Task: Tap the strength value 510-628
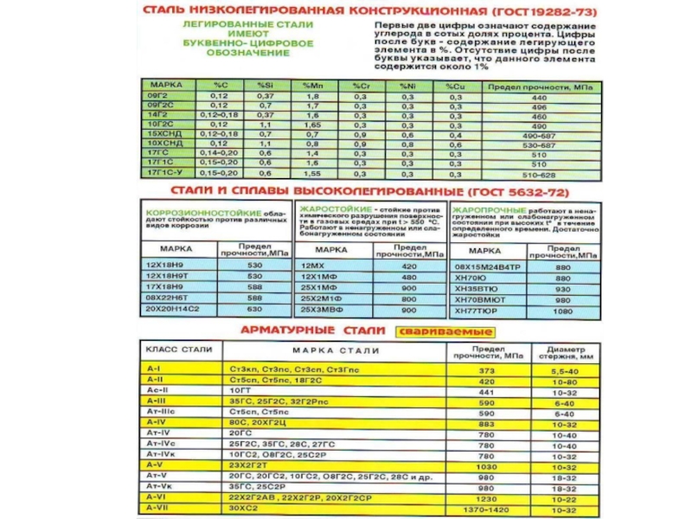tap(538, 172)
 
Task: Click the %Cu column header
tap(454, 88)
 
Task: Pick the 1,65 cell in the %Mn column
tap(311, 124)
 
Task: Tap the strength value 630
tap(254, 309)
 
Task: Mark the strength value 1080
tap(563, 310)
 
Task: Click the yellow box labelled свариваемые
tap(445, 331)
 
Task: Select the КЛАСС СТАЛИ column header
tap(172, 349)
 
